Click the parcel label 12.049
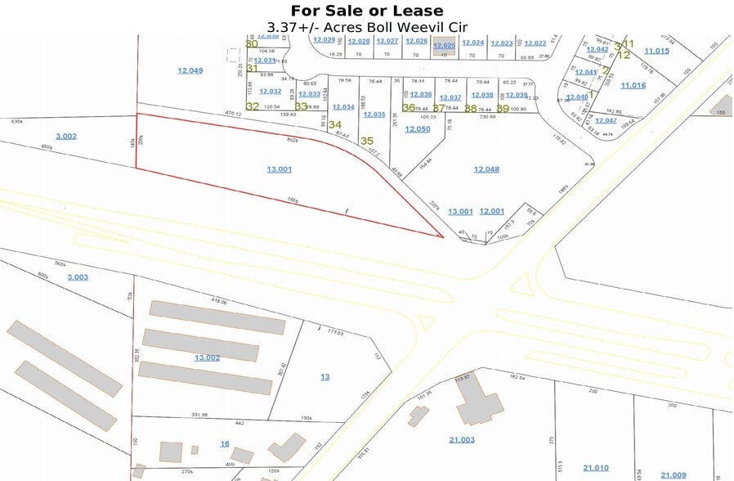tap(190, 70)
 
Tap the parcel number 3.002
tap(65, 136)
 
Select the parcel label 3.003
tap(77, 277)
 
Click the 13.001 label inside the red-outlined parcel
tap(279, 169)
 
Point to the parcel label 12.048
tap(486, 169)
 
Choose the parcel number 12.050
tap(417, 129)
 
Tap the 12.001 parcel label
tap(491, 211)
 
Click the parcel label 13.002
tap(207, 357)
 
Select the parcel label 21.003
tap(462, 439)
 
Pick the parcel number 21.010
tap(596, 468)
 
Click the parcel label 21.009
tap(674, 474)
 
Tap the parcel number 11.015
tap(656, 51)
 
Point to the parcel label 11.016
tap(633, 85)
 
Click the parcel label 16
tap(225, 443)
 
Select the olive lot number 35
tap(367, 141)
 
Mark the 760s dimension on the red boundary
tap(292, 200)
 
